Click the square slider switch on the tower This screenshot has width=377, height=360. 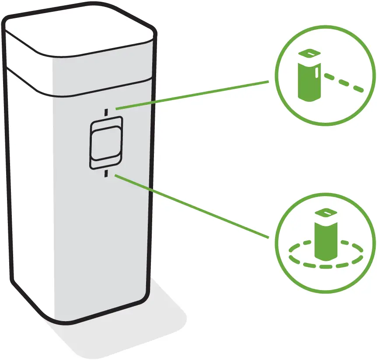pos(106,142)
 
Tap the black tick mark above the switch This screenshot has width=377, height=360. pos(105,112)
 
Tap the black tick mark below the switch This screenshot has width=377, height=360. pos(105,174)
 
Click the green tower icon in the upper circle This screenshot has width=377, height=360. pos(309,81)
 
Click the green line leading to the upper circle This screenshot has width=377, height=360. pos(192,94)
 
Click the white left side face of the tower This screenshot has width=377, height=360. pos(28,197)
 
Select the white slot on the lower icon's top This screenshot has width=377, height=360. pos(326,213)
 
